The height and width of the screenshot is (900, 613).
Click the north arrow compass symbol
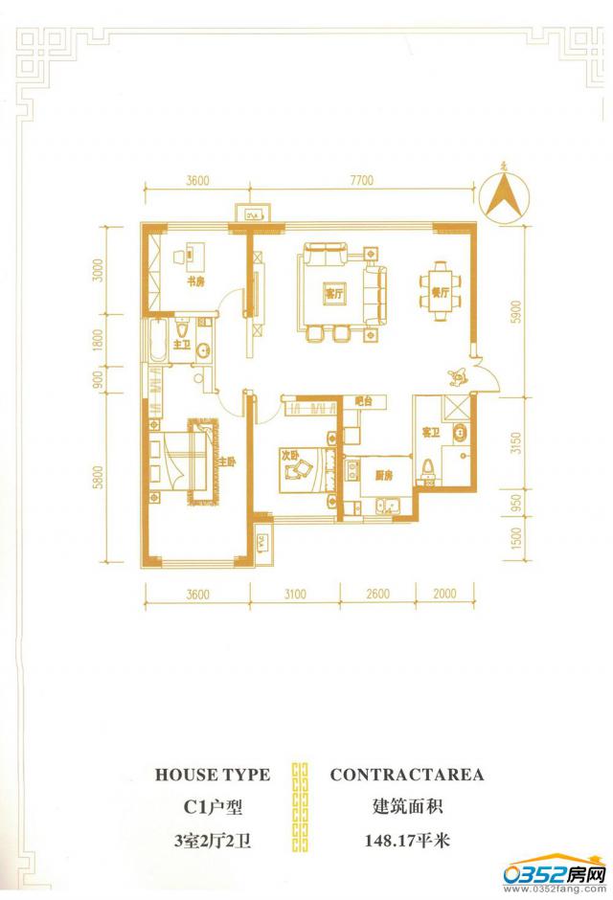click(506, 196)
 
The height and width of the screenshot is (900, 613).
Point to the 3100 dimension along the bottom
click(295, 595)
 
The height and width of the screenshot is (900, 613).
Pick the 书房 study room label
click(193, 281)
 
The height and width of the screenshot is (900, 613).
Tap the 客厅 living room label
click(333, 294)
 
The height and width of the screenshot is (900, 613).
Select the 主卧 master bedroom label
click(226, 463)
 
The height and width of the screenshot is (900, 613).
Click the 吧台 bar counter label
click(363, 401)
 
